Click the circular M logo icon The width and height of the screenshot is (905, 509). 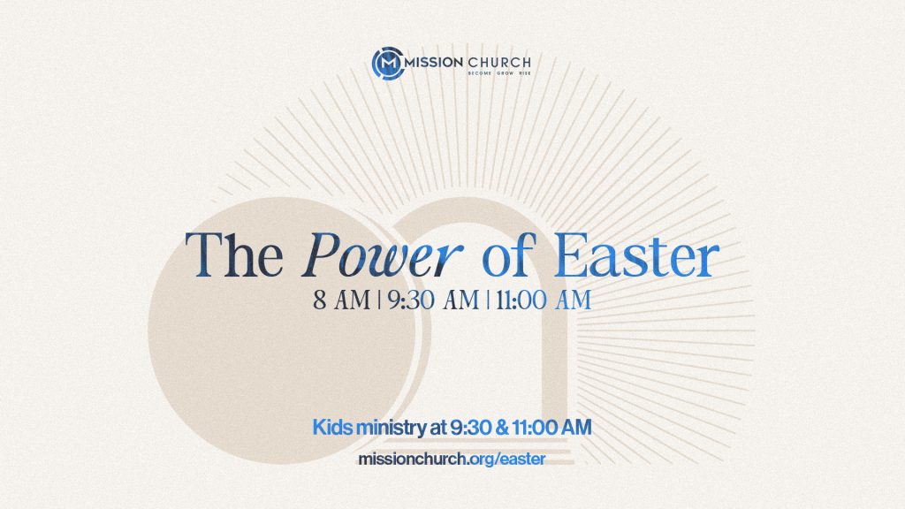(387, 64)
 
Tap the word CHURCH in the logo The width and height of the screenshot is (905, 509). (500, 62)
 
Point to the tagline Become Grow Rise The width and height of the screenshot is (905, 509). (498, 74)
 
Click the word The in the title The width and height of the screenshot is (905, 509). (234, 256)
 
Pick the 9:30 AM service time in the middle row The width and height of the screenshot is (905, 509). (431, 300)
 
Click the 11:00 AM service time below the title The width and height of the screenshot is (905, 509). (542, 300)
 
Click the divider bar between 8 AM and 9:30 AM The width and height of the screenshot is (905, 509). (378, 300)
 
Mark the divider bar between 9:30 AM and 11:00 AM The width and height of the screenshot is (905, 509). (486, 300)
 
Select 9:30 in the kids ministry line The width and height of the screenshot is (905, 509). (471, 428)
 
